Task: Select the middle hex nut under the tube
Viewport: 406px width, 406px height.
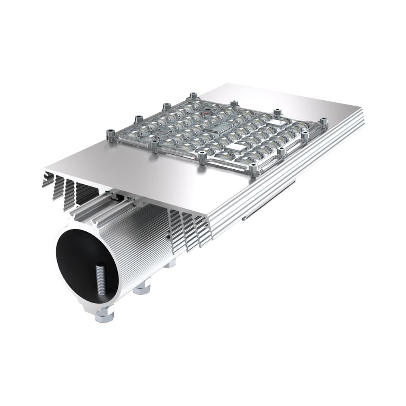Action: [x=142, y=287]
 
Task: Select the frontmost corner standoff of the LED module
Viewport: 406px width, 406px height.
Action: [x=253, y=171]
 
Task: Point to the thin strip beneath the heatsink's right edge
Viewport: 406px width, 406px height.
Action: [x=268, y=201]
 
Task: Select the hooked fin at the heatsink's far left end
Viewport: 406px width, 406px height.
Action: [x=48, y=179]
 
